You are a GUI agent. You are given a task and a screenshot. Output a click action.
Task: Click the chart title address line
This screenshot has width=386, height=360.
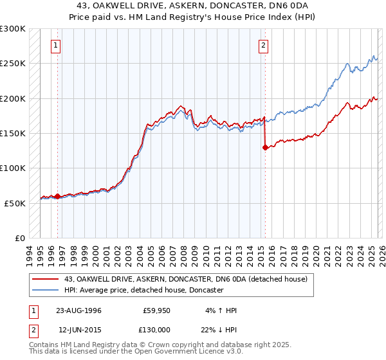pos(193,6)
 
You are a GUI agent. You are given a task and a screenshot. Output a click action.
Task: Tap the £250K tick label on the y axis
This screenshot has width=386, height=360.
pos(13,64)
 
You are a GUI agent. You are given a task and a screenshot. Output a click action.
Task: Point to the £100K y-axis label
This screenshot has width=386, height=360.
pos(13,168)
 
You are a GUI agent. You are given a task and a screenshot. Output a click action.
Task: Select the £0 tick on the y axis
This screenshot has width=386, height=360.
pos(19,238)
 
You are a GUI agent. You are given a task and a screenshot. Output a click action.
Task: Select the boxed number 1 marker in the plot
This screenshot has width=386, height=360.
pos(57,45)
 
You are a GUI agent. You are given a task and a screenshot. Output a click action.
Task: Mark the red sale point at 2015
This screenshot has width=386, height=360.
pos(265,147)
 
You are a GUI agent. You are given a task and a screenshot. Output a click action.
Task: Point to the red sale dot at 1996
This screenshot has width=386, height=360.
pos(58,196)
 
